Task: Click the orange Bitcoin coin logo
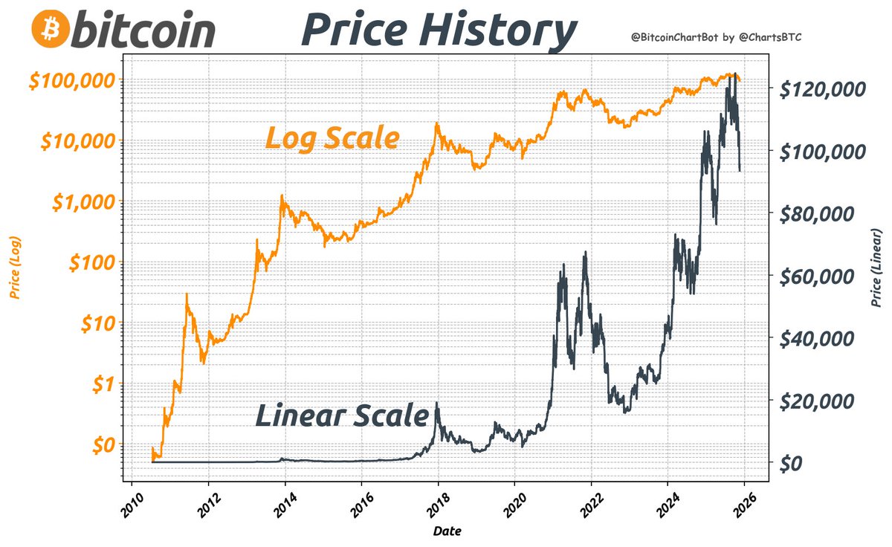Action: (50, 29)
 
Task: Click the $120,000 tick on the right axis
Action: (821, 89)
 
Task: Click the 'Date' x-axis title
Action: (448, 531)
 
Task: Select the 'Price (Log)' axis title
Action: (15, 268)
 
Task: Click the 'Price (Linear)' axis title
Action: (878, 268)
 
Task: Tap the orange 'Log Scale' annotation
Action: (332, 138)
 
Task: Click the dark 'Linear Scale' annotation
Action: (342, 415)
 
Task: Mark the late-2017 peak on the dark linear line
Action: (436, 403)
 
